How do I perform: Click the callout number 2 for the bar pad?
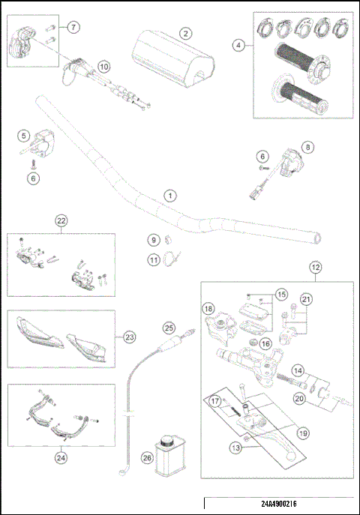[x=184, y=33]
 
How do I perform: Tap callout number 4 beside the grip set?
[x=238, y=45]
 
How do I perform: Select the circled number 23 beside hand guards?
[x=130, y=337]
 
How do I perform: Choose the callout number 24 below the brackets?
[x=61, y=452]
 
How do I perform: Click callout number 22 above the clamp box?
[x=61, y=220]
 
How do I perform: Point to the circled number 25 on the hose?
[x=169, y=328]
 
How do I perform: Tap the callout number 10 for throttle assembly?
[x=103, y=67]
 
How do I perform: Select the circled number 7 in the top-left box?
[x=73, y=28]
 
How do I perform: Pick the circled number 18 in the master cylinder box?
[x=208, y=309]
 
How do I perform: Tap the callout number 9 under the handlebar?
[x=153, y=240]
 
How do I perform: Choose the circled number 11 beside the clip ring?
[x=153, y=260]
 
